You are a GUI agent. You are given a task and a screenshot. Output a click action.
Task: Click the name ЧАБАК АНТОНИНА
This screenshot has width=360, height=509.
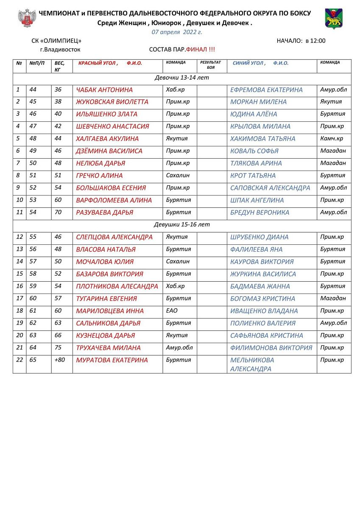click(x=104, y=90)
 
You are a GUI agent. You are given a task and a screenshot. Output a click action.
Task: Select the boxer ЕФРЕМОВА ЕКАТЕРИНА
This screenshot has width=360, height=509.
click(x=266, y=90)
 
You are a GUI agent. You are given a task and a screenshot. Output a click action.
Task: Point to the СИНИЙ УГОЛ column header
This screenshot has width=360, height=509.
click(x=248, y=63)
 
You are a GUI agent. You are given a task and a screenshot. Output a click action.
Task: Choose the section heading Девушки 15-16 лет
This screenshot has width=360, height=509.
click(x=182, y=225)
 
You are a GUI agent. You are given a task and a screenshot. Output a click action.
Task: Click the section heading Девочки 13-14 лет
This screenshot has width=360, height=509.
click(x=182, y=78)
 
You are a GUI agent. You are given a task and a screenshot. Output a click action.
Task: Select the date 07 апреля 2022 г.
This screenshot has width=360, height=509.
click(x=177, y=32)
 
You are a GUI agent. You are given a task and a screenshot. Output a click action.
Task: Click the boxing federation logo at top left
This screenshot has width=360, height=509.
click(x=27, y=18)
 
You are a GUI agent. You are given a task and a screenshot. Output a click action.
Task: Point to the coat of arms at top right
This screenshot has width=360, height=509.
click(x=334, y=18)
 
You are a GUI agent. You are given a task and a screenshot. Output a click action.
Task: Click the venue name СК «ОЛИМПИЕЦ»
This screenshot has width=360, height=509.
click(x=56, y=41)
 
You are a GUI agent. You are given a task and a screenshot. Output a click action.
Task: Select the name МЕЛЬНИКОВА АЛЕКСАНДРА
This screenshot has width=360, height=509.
click(x=252, y=364)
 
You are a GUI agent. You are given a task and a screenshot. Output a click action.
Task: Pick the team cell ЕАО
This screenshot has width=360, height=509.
click(x=172, y=311)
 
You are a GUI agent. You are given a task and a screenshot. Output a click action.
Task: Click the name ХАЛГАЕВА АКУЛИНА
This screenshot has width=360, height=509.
click(x=107, y=139)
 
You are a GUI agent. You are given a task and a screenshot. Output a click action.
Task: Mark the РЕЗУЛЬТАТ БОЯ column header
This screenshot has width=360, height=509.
click(x=210, y=64)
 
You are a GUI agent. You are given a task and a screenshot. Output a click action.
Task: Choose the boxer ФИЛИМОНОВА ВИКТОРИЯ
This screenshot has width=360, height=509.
click(x=271, y=348)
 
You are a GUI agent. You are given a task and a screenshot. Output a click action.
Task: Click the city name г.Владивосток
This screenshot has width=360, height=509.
click(x=60, y=50)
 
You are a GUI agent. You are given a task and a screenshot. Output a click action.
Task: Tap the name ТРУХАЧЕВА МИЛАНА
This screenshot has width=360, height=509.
click(x=108, y=348)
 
